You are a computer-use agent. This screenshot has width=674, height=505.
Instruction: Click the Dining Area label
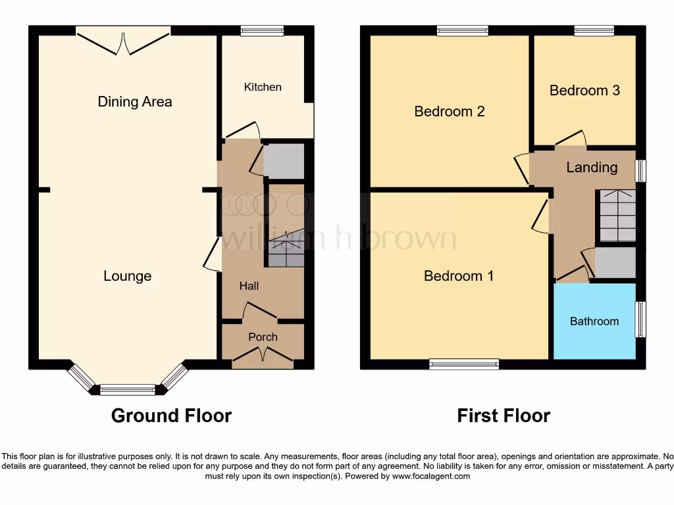(x=135, y=101)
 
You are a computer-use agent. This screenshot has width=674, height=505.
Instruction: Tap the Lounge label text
(x=127, y=276)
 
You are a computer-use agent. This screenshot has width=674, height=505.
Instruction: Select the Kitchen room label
(x=263, y=87)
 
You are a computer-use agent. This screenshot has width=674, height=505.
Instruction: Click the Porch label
(x=263, y=337)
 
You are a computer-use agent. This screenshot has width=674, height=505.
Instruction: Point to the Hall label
(x=249, y=285)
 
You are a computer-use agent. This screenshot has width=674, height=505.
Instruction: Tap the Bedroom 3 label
(x=584, y=90)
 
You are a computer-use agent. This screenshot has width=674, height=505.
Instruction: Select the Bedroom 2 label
(x=450, y=111)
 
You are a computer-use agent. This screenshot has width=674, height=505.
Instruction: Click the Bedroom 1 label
(x=459, y=276)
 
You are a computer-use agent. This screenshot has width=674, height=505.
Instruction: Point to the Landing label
(x=592, y=167)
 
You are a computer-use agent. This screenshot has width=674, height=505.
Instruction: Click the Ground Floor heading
(x=171, y=416)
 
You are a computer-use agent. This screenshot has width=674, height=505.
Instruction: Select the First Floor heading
(x=504, y=416)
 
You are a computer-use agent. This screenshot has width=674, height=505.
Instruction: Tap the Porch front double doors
(x=263, y=355)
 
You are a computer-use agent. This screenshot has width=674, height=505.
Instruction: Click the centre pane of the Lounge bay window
(x=128, y=389)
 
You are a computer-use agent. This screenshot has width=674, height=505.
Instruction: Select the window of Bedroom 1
(x=464, y=364)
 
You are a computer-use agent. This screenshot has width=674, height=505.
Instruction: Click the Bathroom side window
(x=640, y=320)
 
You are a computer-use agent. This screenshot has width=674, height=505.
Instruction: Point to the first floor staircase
(x=616, y=216)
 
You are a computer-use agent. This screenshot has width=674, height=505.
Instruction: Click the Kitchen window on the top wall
(x=261, y=30)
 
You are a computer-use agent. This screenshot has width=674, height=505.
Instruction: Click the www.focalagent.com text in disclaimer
(x=431, y=476)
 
